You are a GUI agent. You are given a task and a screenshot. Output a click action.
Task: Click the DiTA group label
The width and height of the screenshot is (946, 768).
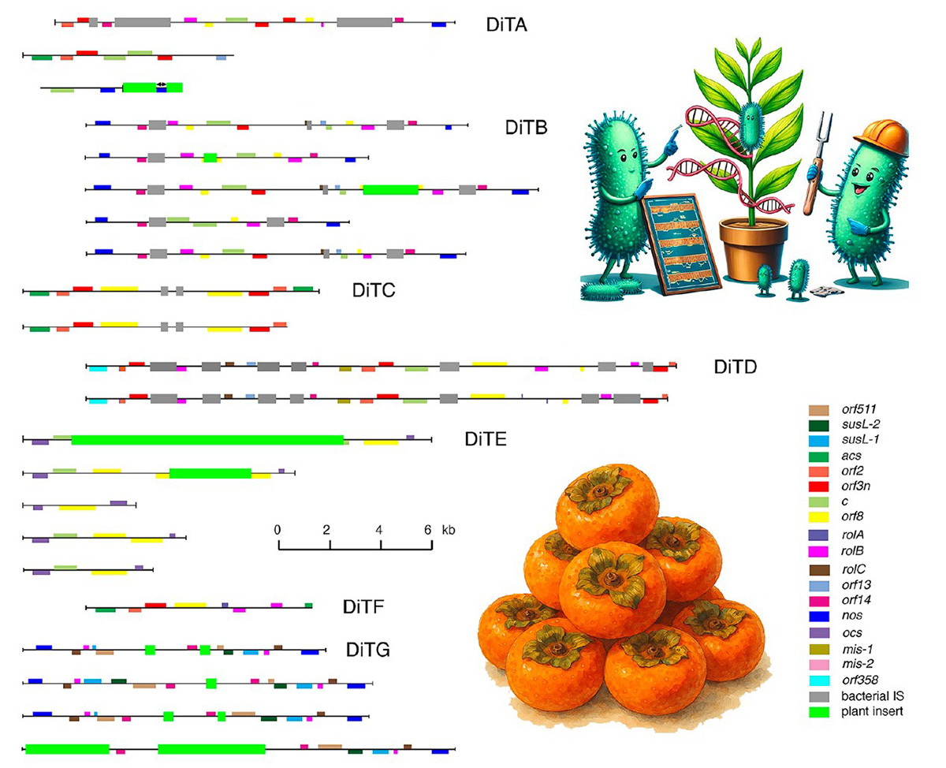tap(507, 24)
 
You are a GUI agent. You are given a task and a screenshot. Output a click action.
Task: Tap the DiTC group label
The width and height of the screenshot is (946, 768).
tap(373, 290)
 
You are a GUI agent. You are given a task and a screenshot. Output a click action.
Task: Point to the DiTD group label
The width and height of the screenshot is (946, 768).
tap(736, 367)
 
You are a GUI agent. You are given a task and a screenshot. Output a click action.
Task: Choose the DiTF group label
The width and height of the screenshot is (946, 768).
tap(363, 606)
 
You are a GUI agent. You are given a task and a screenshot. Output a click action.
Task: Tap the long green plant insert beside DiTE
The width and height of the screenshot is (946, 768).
tap(207, 439)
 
